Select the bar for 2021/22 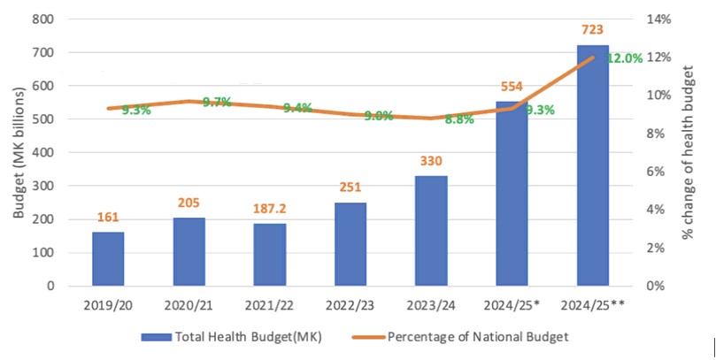(269, 255)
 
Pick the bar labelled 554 (512, 194)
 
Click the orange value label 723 (592, 32)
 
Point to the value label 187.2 (269, 211)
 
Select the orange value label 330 (431, 162)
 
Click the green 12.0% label (624, 58)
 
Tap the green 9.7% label (217, 102)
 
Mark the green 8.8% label (458, 119)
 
